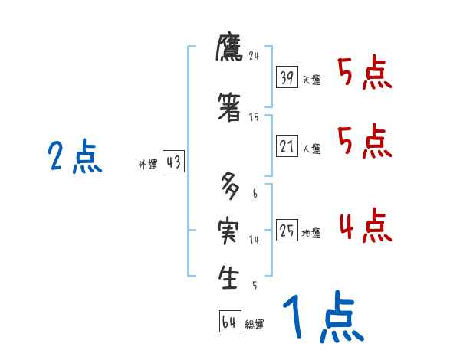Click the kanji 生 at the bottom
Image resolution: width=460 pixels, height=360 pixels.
(x=229, y=277)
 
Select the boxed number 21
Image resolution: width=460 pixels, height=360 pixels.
(x=287, y=146)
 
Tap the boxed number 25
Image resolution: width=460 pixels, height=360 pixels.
(x=287, y=230)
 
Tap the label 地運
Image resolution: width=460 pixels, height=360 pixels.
(x=311, y=234)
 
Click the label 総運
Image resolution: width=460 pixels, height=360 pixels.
(x=255, y=325)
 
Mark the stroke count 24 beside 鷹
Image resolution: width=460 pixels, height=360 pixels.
(x=255, y=55)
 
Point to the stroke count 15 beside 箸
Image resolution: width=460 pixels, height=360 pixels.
(x=254, y=117)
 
